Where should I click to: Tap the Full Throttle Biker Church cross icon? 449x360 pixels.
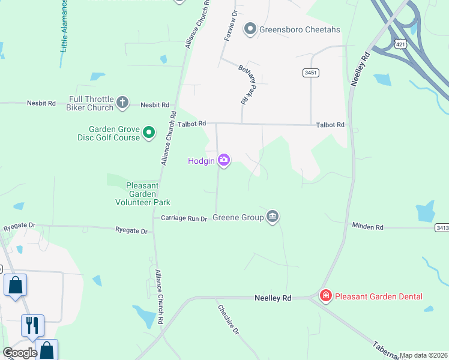click(122, 103)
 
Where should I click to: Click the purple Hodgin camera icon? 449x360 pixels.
click(224, 160)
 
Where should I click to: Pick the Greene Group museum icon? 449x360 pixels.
click(273, 217)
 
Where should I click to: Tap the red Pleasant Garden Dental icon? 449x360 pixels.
click(325, 296)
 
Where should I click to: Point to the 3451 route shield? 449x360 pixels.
click(310, 73)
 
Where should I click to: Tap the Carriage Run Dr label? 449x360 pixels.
click(184, 219)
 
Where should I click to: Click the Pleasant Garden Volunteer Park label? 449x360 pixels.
click(142, 194)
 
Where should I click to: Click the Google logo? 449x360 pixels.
click(20, 353)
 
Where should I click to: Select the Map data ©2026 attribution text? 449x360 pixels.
click(423, 355)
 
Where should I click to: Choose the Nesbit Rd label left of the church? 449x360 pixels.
click(41, 103)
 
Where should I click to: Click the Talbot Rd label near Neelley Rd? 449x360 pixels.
click(331, 125)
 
